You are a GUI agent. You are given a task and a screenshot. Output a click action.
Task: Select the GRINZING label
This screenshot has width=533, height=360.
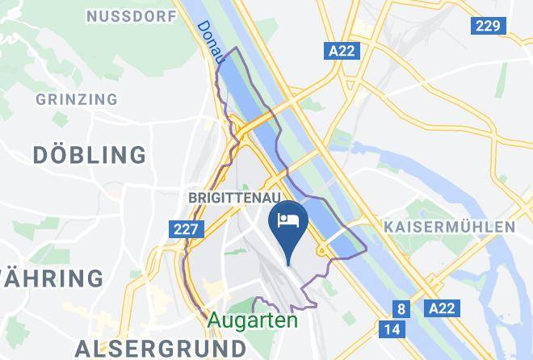coord(77,99)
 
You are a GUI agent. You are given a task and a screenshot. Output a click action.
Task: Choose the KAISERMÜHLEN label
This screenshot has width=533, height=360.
coord(449,226)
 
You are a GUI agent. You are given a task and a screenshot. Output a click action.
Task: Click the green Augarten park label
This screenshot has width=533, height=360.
coord(252,320)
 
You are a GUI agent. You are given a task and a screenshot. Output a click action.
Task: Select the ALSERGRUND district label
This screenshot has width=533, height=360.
coord(160,348)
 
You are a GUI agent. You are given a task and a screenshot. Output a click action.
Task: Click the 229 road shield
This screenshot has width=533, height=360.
coord(488,26)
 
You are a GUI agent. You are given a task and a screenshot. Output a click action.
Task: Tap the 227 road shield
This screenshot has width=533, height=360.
coord(186,230)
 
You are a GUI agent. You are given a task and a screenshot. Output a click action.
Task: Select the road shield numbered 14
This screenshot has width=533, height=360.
coord(392,329)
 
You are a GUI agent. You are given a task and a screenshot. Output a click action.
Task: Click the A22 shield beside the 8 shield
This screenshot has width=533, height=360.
coord(441,308)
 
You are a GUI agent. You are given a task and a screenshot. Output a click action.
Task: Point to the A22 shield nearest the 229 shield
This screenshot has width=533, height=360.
coord(342,52)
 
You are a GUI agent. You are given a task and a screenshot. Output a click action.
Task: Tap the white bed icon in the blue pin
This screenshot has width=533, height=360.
coord(288,220)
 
